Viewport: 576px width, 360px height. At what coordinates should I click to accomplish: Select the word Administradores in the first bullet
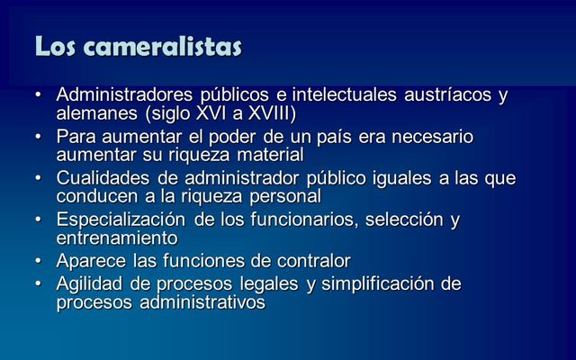click(119, 95)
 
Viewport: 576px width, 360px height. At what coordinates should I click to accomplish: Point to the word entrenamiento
click(116, 238)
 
